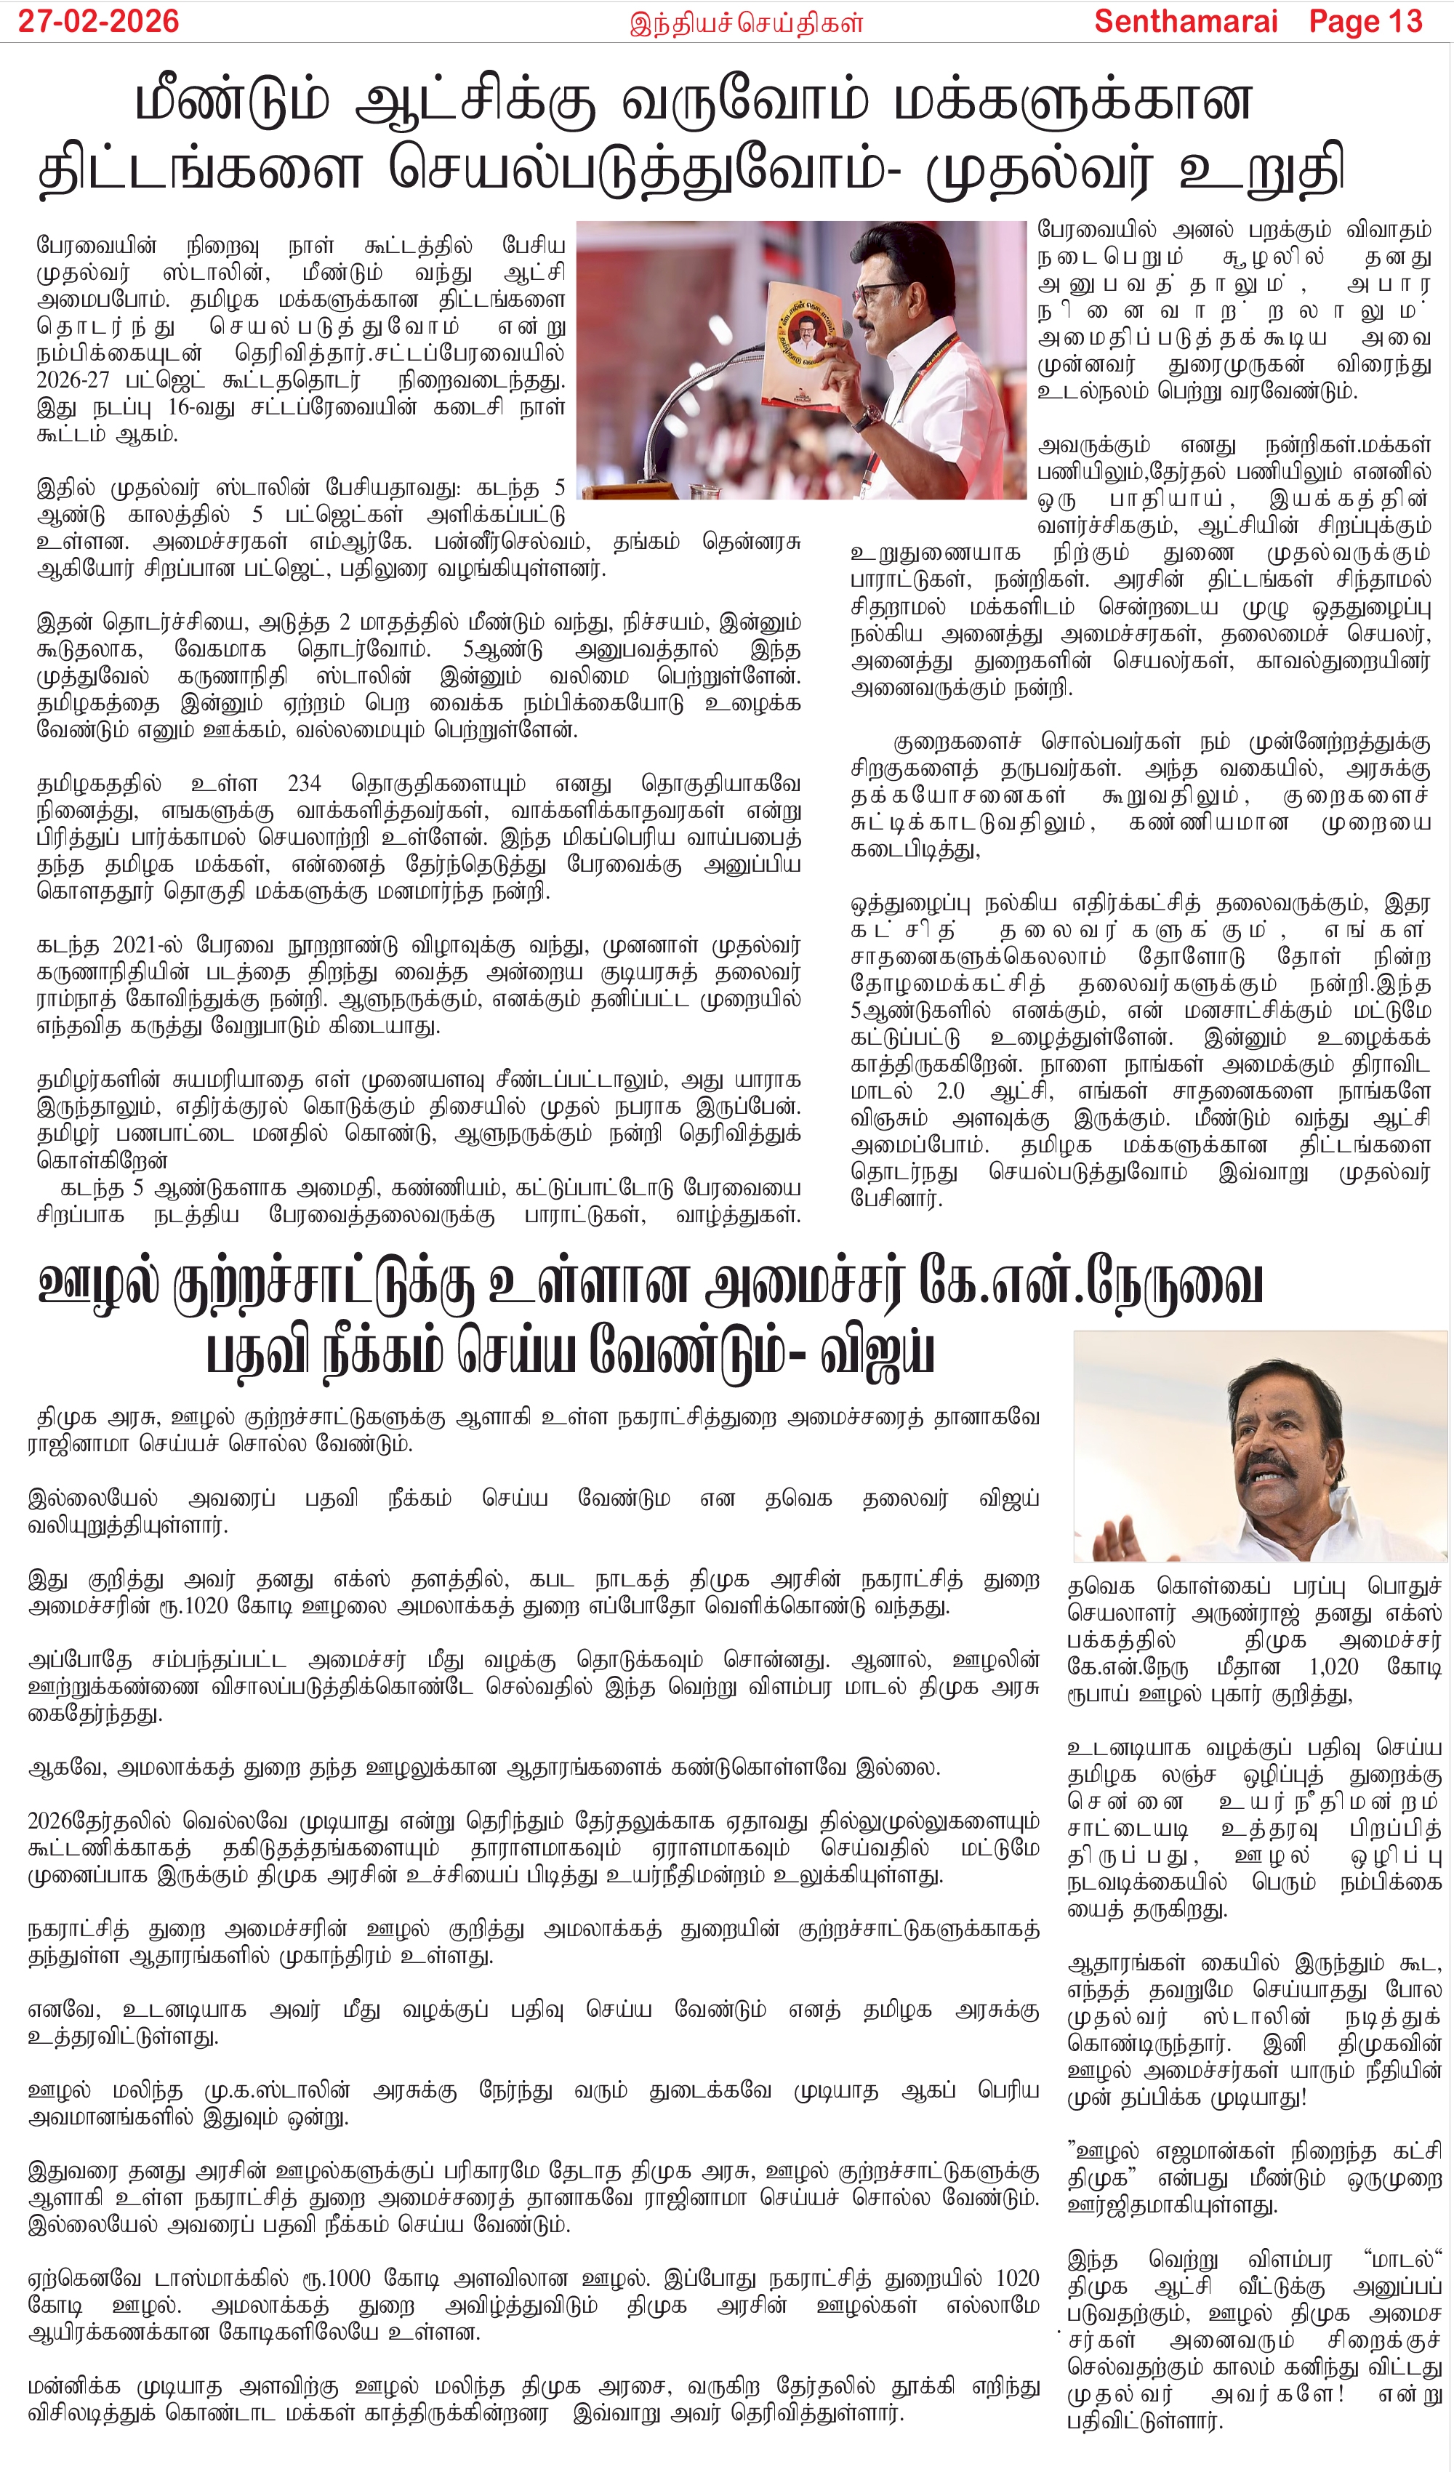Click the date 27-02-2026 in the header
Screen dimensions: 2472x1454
click(x=98, y=22)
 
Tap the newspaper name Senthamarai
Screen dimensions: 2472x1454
click(x=1185, y=22)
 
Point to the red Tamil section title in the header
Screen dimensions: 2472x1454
click(x=746, y=23)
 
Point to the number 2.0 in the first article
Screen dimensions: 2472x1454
click(x=949, y=1091)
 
